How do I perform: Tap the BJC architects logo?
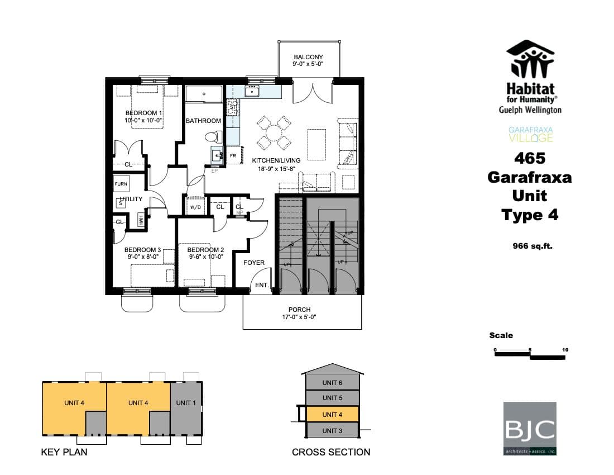click(530, 428)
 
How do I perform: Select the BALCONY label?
click(308, 58)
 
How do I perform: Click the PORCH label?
click(299, 310)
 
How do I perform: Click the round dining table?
click(274, 133)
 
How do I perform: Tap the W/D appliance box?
click(195, 207)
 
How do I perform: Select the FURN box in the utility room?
click(121, 184)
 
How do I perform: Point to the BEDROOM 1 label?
click(141, 113)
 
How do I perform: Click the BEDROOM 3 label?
click(142, 250)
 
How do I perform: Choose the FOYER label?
click(254, 263)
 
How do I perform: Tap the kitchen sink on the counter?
click(252, 91)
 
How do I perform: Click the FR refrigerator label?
click(233, 156)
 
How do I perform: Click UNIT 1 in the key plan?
click(186, 402)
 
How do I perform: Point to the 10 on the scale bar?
click(565, 350)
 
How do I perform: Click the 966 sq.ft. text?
click(533, 245)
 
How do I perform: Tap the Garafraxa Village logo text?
click(530, 135)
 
